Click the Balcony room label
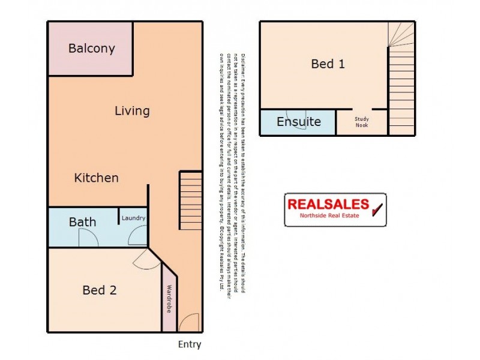click(91, 49)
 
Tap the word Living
click(132, 111)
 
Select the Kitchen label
click(96, 178)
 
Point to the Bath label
click(82, 222)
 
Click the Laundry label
click(133, 218)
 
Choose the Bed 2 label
click(99, 290)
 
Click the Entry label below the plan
click(189, 344)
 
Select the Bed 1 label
click(328, 64)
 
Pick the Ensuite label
click(298, 122)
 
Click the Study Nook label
click(361, 122)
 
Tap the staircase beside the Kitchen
click(191, 199)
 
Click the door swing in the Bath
click(89, 238)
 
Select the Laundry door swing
click(138, 238)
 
